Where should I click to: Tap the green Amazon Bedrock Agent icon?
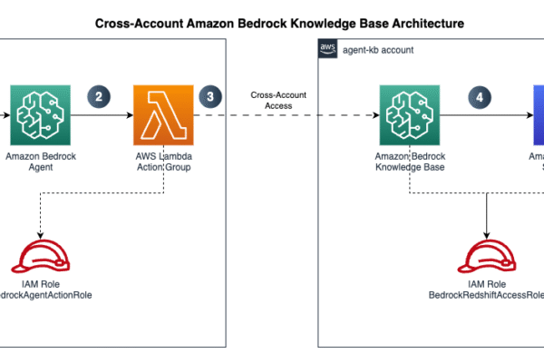pos(41,115)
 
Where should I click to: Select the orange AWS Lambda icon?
pos(163,115)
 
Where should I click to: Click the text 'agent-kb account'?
pos(379,50)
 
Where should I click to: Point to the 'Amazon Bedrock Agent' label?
pos(41,162)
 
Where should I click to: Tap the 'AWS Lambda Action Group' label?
pos(163,162)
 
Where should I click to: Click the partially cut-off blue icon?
pos(538,115)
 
